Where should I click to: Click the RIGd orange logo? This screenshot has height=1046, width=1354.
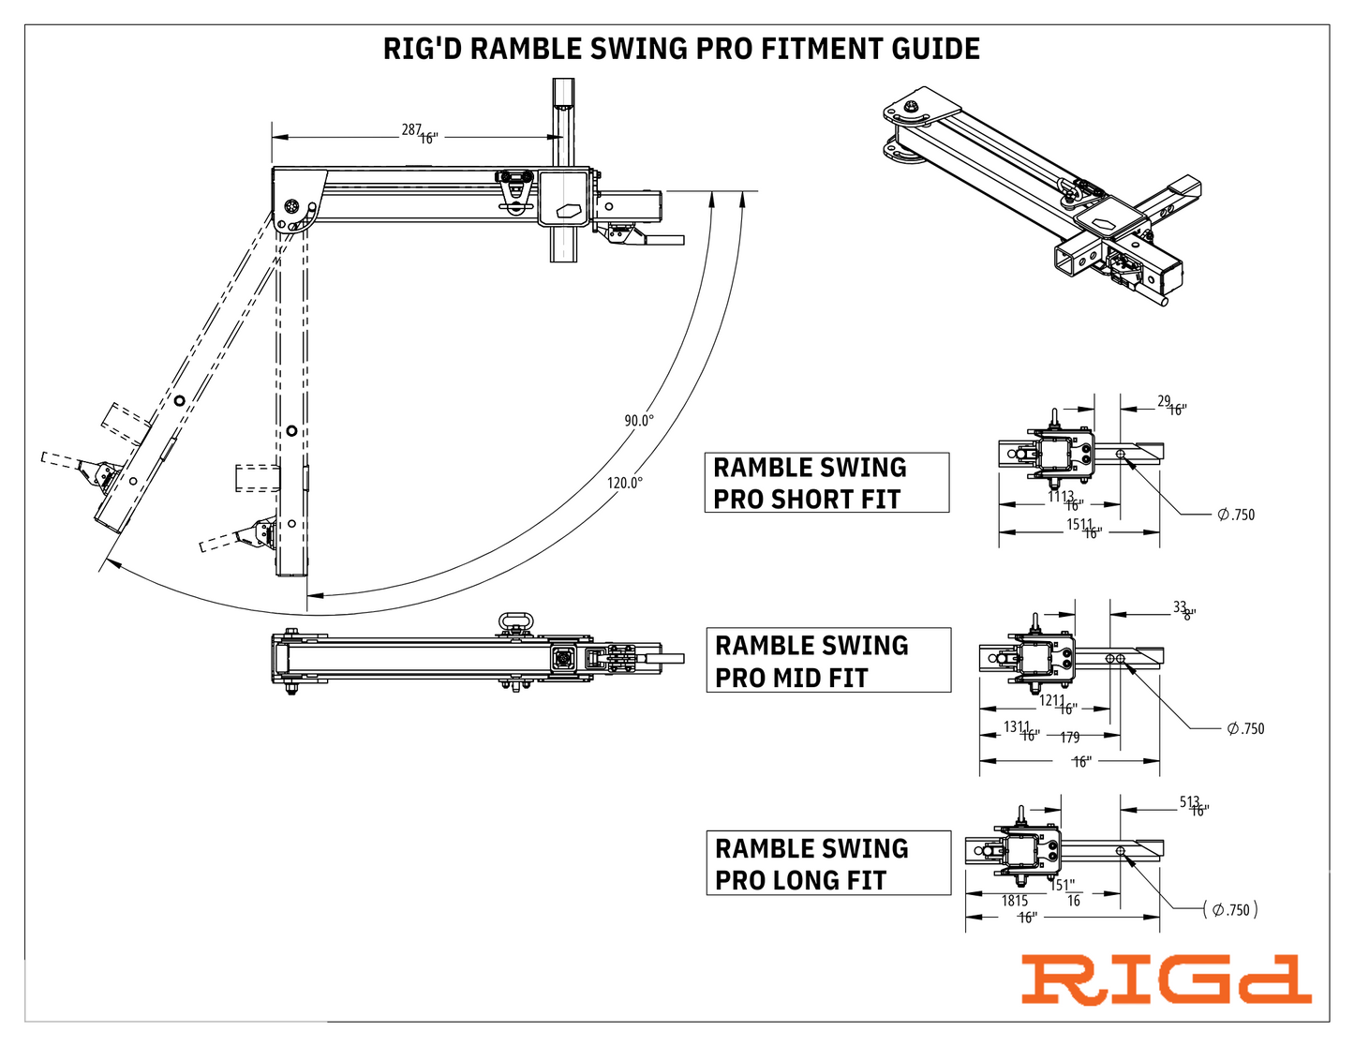(1165, 980)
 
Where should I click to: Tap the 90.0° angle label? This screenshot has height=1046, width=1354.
(639, 421)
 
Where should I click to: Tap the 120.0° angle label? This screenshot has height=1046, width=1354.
(624, 483)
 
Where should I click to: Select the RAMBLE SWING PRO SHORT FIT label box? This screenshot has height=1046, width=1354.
(826, 483)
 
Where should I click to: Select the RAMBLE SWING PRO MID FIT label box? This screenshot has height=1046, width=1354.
(827, 661)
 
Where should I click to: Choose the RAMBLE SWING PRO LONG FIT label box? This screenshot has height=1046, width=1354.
(827, 863)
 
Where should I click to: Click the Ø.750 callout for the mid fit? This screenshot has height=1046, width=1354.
(1245, 728)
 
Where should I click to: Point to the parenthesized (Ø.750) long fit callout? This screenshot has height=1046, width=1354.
(1230, 910)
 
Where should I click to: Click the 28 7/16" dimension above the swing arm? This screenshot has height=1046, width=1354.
(420, 133)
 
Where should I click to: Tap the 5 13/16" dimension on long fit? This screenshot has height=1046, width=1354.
(1194, 806)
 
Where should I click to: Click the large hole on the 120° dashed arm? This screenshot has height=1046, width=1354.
(179, 401)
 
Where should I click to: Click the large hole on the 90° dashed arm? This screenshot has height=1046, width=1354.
(291, 430)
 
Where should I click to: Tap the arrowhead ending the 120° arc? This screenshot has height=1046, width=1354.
(108, 561)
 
